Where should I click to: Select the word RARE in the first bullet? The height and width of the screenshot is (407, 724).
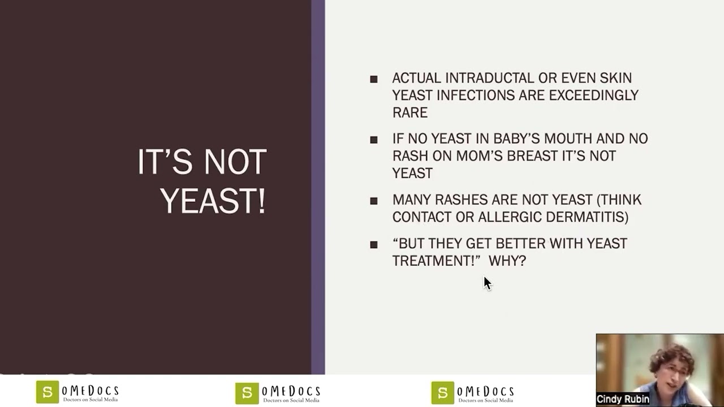(x=410, y=112)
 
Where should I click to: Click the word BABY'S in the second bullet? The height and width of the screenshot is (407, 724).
(x=521, y=139)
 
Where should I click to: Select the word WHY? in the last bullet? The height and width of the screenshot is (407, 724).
(x=507, y=261)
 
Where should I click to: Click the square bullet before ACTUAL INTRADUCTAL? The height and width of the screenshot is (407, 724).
(x=374, y=80)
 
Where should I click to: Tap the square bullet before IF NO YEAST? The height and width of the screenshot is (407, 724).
(x=374, y=140)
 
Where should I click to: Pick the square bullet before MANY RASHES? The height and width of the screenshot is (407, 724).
(x=374, y=201)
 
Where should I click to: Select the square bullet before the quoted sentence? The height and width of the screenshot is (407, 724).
(x=374, y=245)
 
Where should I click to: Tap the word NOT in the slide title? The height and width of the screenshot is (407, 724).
(x=235, y=163)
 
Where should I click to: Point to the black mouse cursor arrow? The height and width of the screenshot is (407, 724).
(x=487, y=283)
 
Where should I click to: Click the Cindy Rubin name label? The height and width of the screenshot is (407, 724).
(x=623, y=399)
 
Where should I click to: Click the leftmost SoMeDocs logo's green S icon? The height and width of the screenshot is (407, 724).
(x=47, y=392)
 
